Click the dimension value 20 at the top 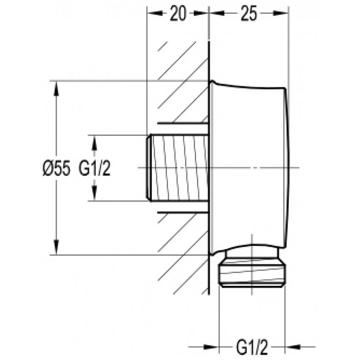(x=178, y=14)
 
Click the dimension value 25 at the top (x=249, y=14)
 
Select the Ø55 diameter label (x=56, y=168)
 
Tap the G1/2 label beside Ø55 (x=95, y=168)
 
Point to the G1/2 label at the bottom (x=252, y=347)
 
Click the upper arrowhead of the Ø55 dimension (x=56, y=89)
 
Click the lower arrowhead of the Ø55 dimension (x=56, y=247)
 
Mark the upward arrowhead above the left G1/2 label (x=94, y=143)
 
